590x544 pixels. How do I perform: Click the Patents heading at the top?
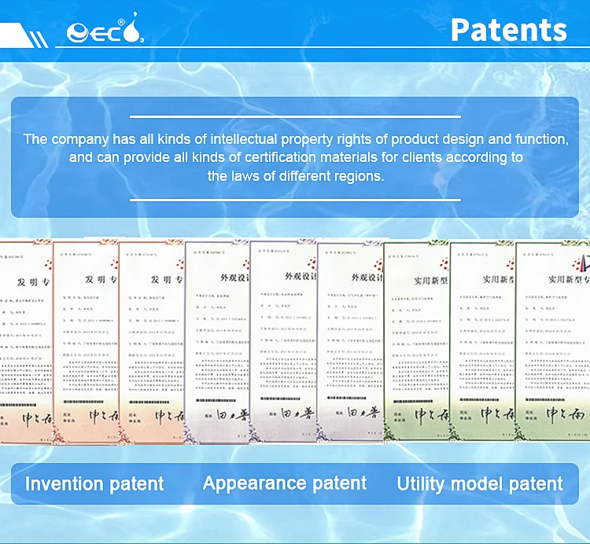coord(508,30)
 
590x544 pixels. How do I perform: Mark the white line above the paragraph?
coord(294,116)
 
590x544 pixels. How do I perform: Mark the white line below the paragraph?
coord(294,200)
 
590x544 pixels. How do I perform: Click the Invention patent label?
coord(94,483)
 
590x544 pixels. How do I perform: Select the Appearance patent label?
coord(285,483)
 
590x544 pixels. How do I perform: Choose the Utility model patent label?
coord(480,483)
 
